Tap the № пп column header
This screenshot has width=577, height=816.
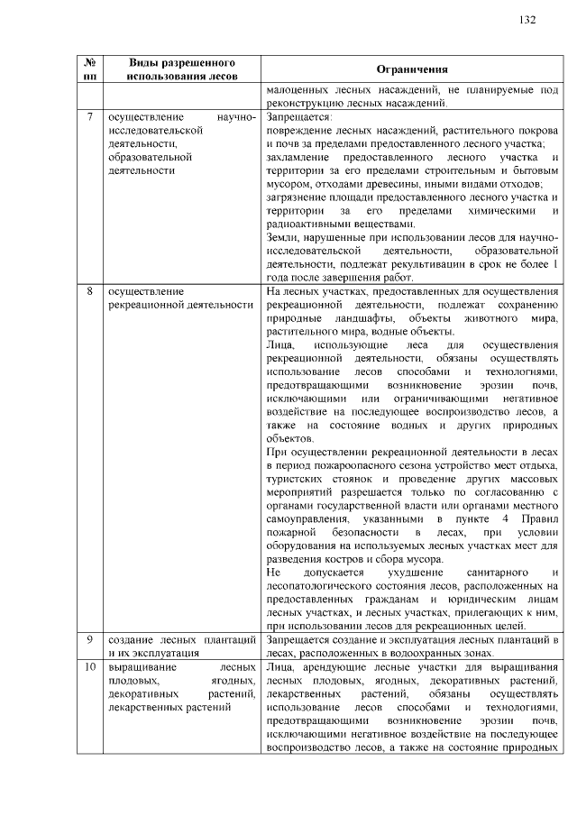(x=90, y=70)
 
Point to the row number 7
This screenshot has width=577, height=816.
(x=90, y=117)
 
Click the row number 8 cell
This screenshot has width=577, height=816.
(x=90, y=292)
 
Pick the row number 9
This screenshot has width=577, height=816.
(x=90, y=639)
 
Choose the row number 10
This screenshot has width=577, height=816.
(x=90, y=666)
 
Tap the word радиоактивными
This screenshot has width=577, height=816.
(x=311, y=224)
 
